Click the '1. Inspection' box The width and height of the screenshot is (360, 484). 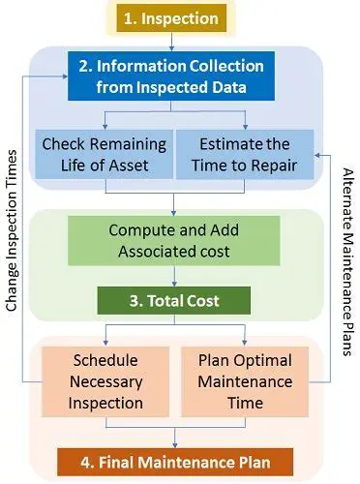pos(174,17)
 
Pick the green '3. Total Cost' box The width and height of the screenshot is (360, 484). pos(176,300)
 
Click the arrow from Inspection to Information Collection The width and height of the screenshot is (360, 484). pos(174,41)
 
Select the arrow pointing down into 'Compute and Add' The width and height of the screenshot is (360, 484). pos(174,208)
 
